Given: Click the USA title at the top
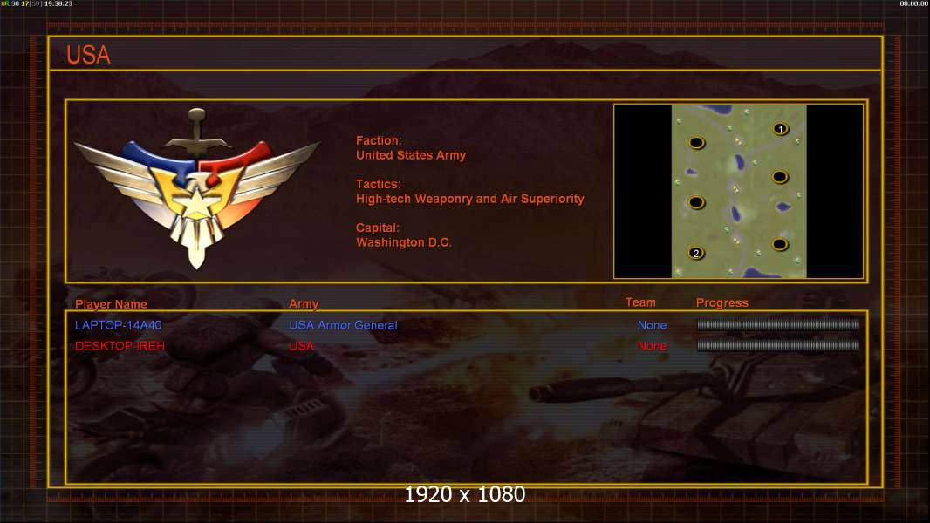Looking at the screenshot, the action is pyautogui.click(x=88, y=55).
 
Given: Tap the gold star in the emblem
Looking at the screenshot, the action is pyautogui.click(x=195, y=201).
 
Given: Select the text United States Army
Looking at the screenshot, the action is pyautogui.click(x=410, y=155).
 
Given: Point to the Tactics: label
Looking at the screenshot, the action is pyautogui.click(x=379, y=184).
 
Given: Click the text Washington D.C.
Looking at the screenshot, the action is pyautogui.click(x=404, y=242).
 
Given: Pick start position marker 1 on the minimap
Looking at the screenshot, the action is pyautogui.click(x=781, y=129).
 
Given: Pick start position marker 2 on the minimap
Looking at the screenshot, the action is pyautogui.click(x=696, y=254).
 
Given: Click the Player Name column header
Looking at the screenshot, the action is pyautogui.click(x=111, y=304).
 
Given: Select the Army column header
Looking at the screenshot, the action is pyautogui.click(x=304, y=304).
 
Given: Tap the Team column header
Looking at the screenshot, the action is pyautogui.click(x=640, y=302).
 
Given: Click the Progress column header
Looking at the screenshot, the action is pyautogui.click(x=721, y=302).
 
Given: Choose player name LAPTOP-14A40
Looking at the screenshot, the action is pyautogui.click(x=118, y=325).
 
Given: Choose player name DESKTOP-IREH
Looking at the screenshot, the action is pyautogui.click(x=120, y=346).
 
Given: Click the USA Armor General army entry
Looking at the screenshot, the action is pyautogui.click(x=343, y=325).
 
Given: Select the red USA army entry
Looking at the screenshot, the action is pyautogui.click(x=301, y=346).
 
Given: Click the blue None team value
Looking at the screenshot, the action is pyautogui.click(x=653, y=325).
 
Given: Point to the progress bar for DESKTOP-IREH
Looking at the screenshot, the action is pyautogui.click(x=778, y=345).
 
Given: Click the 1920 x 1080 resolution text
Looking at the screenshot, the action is pyautogui.click(x=465, y=494).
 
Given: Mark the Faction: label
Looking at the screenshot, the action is pyautogui.click(x=379, y=140).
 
